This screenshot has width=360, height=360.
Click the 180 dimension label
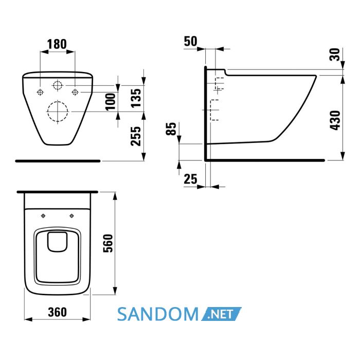click(x=57, y=44)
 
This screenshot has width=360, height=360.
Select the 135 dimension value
click(x=136, y=98)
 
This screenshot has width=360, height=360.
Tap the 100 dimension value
click(x=111, y=102)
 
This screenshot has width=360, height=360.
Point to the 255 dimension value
click(x=136, y=136)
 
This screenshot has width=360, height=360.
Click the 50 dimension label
click(x=190, y=41)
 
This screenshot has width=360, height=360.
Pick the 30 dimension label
click(x=335, y=55)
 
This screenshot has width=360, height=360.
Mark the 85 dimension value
click(x=171, y=129)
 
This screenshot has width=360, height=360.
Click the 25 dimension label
click(x=190, y=179)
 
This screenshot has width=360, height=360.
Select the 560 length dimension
click(x=108, y=243)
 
